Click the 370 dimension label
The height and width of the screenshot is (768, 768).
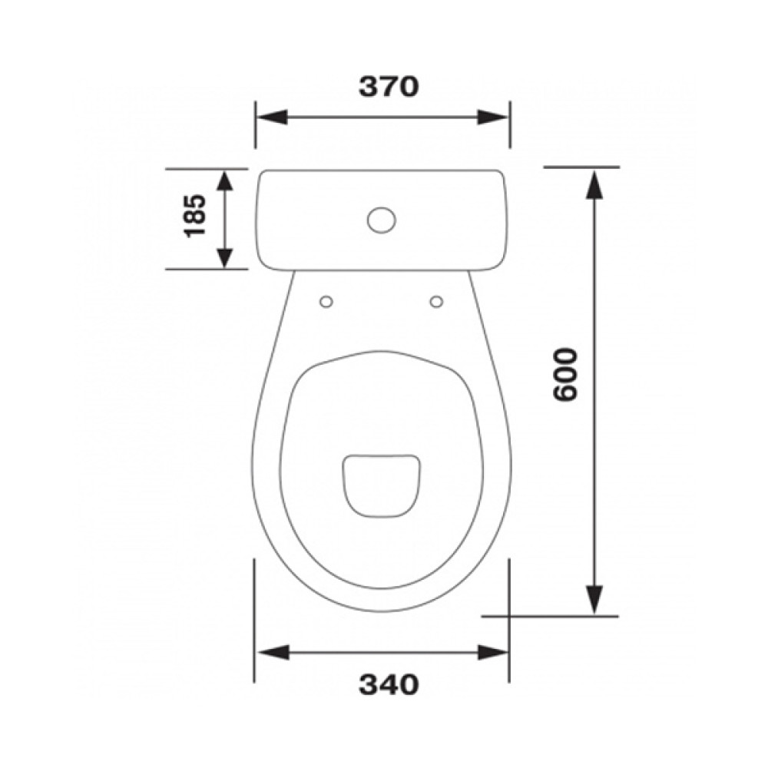pos(389,87)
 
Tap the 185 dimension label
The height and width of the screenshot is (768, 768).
pos(195,216)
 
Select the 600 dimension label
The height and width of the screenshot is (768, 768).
pos(566,375)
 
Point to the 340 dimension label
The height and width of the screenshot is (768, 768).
pos(389,684)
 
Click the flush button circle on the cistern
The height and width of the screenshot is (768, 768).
pos(381,220)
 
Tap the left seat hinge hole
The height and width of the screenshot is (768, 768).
pos(326,302)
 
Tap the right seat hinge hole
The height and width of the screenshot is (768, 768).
pos(436,302)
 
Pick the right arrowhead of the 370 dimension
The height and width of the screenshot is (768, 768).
pos(493,118)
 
